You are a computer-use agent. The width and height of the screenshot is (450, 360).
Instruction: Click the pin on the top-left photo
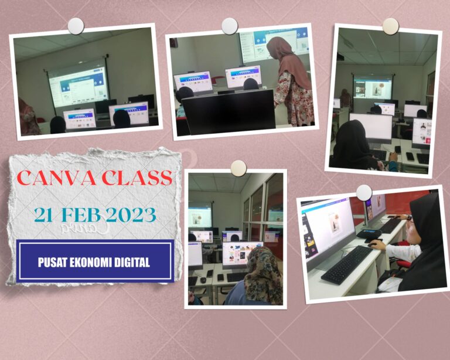76,26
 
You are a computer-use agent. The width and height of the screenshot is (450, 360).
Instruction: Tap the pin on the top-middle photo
230,26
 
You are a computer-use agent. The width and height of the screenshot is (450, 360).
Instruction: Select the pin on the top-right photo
390,26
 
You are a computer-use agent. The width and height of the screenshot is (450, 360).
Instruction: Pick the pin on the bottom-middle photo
238,168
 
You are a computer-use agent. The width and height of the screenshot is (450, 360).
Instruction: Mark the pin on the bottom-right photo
364,192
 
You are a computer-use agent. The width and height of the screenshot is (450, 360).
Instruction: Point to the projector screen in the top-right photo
372,86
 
